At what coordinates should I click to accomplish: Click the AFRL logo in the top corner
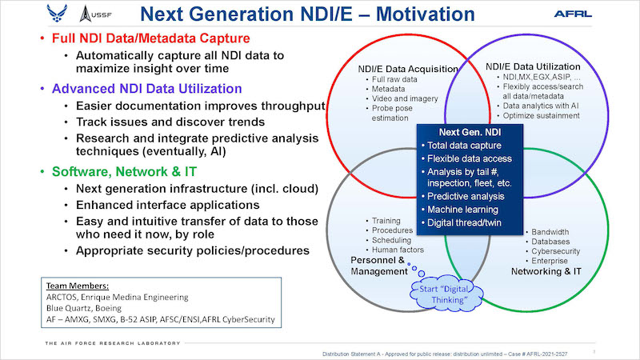point(573,14)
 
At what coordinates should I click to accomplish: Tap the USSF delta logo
point(95,14)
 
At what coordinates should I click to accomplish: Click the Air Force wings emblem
point(57,14)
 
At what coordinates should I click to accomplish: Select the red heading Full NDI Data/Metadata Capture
point(150,38)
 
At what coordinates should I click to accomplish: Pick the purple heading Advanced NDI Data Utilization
point(147,89)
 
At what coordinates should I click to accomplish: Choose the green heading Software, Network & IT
point(124,171)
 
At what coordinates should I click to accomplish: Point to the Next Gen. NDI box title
point(470,132)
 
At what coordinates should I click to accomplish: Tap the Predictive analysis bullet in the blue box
point(466,196)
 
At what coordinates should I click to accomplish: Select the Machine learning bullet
point(462,210)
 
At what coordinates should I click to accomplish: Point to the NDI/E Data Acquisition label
point(408,69)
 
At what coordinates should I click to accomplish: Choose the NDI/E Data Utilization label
point(533,66)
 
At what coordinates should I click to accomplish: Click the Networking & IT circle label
point(546,271)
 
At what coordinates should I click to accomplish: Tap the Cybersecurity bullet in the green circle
point(553,251)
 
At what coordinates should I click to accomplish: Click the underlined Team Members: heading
point(78,286)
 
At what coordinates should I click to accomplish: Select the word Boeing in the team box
point(108,308)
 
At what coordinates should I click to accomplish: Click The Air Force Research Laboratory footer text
point(113,343)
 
